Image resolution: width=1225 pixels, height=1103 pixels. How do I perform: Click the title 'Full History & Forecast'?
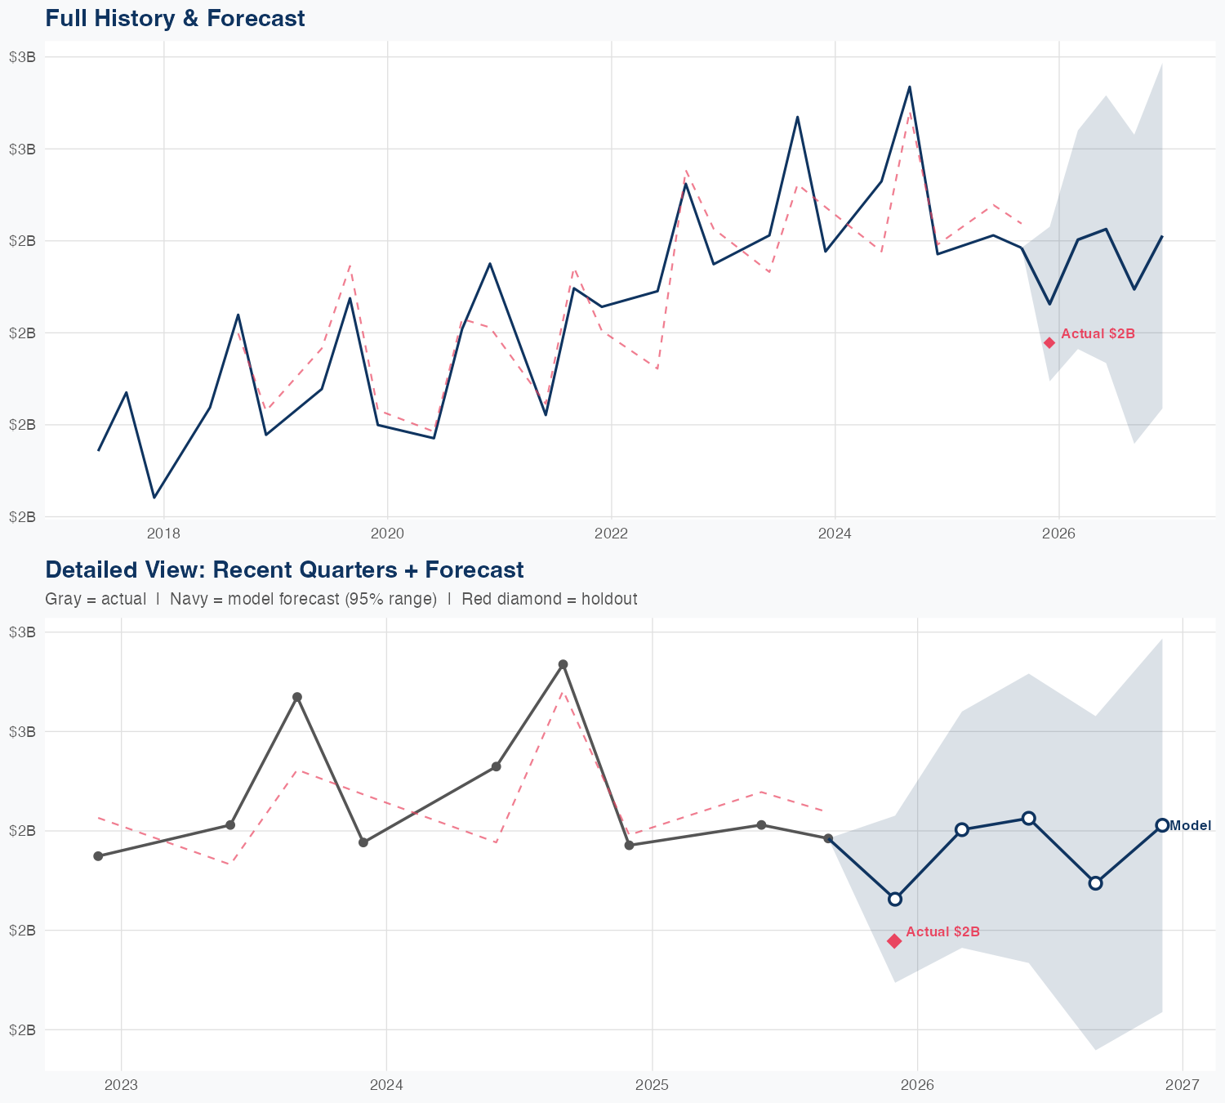pos(175,18)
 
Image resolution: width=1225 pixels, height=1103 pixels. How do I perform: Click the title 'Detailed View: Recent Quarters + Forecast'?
pos(284,569)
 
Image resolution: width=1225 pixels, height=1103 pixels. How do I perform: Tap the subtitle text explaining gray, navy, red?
pos(341,599)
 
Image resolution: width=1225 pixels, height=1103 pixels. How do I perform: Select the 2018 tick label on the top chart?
pos(163,534)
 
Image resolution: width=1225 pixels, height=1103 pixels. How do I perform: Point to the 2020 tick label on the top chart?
pos(387,534)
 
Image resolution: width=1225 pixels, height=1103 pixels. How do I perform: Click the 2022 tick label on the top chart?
pos(611,534)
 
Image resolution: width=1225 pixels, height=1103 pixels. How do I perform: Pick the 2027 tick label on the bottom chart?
pos(1183,1086)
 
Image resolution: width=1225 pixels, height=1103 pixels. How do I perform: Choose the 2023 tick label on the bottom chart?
pos(122,1086)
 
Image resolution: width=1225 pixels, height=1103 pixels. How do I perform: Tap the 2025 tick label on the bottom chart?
pos(652,1086)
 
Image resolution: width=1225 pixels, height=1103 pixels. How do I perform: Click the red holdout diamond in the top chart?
pos(1049,342)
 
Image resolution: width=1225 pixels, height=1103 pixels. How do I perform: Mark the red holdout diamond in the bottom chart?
pos(894,941)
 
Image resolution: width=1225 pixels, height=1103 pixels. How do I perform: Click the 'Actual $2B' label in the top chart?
pos(1098,334)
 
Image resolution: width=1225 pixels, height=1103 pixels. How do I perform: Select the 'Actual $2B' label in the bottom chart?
pos(942,932)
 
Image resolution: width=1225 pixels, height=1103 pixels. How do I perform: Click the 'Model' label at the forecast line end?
pos(1190,825)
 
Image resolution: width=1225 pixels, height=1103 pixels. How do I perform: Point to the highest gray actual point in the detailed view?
pos(563,664)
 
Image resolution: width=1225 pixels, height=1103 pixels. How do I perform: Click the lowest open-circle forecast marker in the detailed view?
pos(895,899)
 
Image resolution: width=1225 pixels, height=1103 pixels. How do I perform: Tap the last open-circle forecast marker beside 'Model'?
pos(1162,825)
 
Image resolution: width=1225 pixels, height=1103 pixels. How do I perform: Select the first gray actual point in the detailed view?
pos(98,856)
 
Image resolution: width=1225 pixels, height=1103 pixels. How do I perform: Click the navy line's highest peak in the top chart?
pos(910,87)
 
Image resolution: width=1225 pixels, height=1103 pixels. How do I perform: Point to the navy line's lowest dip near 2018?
pos(154,498)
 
